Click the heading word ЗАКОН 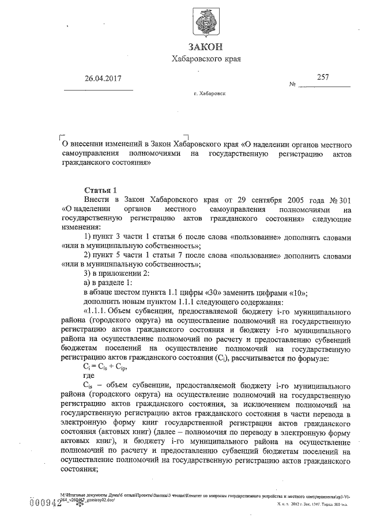(205, 46)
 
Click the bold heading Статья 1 (100, 189)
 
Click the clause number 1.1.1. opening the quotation (98, 312)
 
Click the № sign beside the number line (292, 85)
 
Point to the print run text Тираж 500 (335, 505)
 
